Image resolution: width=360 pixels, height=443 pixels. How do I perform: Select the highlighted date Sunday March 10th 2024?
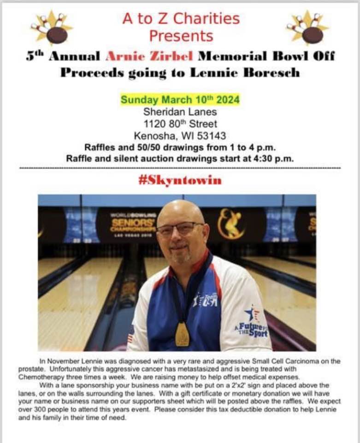coord(180,100)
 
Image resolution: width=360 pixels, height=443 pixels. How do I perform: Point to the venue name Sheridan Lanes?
coord(180,112)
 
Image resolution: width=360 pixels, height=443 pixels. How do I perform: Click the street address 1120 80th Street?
coord(180,124)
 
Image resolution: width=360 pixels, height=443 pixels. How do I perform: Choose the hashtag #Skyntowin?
coord(180,180)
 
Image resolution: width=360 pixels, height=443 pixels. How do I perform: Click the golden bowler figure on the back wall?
coord(231,223)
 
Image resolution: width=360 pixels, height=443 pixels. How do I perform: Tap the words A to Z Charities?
coord(181,18)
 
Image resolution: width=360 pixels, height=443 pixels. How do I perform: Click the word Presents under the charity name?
coord(181,36)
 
